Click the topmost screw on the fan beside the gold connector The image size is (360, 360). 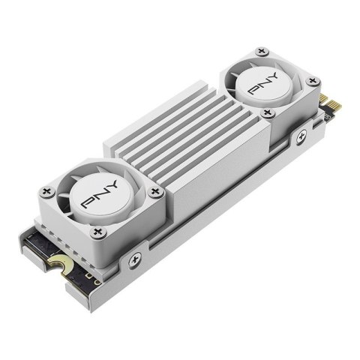(x=260, y=52)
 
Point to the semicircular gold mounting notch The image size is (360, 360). (x=56, y=265)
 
